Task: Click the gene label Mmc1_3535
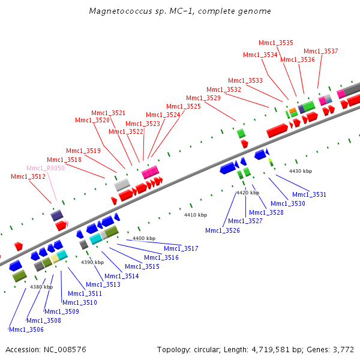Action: [276, 43]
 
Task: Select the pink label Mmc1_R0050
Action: [46, 169]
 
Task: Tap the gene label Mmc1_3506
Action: [26, 329]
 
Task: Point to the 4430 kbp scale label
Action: [301, 172]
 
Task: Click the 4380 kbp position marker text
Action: [41, 287]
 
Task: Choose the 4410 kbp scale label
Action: [195, 215]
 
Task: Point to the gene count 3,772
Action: [343, 349]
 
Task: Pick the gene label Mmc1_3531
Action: [310, 194]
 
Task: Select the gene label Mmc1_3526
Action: [223, 230]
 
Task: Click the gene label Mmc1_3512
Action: [28, 176]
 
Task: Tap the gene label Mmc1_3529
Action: [203, 98]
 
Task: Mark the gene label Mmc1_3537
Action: [321, 51]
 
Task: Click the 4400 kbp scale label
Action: [144, 239]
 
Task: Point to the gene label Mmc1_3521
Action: [109, 113]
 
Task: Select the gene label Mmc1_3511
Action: [85, 293]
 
